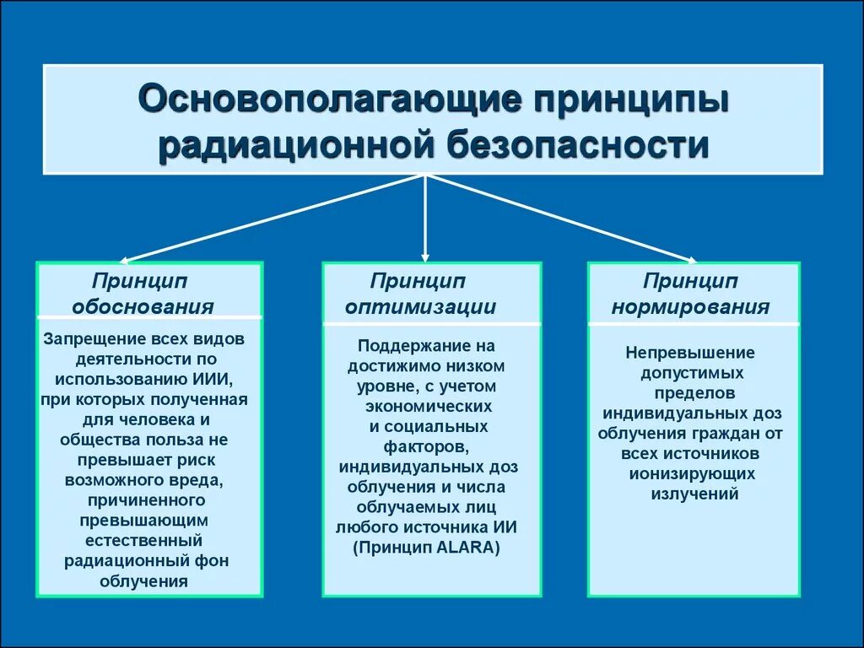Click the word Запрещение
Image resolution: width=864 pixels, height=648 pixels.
tap(96, 339)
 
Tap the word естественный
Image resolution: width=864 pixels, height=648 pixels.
tap(143, 541)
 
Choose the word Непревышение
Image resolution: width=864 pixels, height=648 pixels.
tap(691, 353)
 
